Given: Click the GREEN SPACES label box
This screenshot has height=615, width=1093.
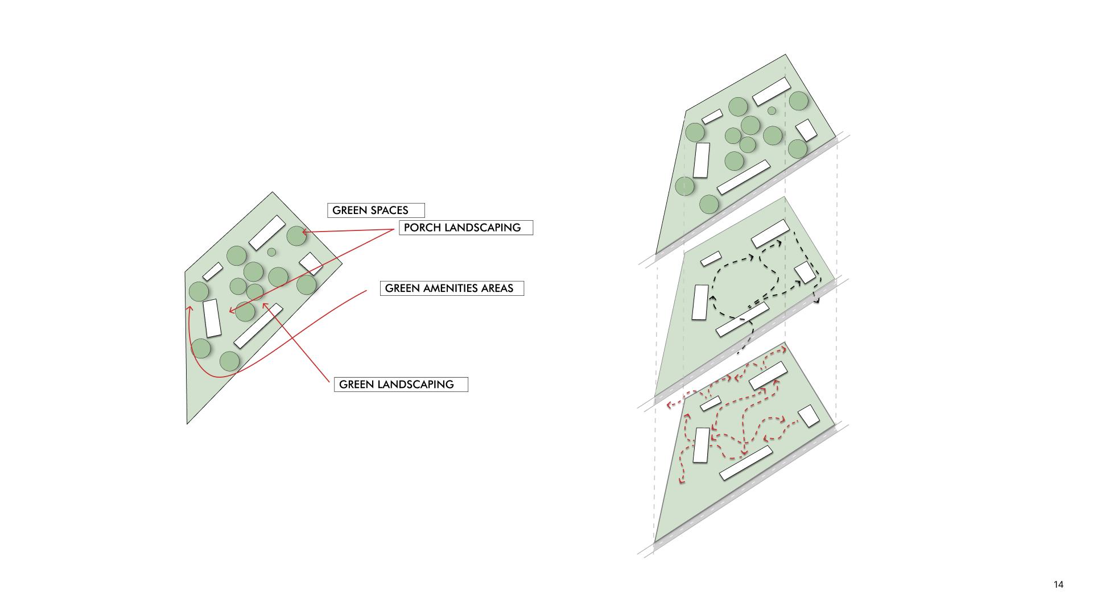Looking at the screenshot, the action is pos(376,210).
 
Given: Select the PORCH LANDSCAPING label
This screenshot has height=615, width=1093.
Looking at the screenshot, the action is pos(465,228).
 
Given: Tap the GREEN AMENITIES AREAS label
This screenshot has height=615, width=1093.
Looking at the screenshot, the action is pos(452,288).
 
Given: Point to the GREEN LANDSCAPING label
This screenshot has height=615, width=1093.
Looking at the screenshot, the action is pos(401,385).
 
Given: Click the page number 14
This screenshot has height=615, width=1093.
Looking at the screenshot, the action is pos(1058,584).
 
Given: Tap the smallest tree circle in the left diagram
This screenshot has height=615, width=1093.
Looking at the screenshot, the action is pos(271,252).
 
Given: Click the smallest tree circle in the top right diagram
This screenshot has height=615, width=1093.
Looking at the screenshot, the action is pos(772,110).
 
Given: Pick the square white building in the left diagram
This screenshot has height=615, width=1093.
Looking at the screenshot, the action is pos(311,263).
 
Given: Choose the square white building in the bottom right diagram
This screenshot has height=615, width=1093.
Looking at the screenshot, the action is pos(809,416).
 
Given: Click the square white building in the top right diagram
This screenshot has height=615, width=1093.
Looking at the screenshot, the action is pos(806,130).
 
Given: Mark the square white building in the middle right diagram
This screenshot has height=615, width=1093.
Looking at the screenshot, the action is pos(805,273).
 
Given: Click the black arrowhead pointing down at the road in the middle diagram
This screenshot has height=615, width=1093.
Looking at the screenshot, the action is pos(817,300).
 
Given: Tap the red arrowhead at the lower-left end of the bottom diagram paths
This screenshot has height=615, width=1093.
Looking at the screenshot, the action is pos(681,482).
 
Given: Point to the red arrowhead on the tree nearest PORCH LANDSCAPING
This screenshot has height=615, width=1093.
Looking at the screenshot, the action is pos(304,232).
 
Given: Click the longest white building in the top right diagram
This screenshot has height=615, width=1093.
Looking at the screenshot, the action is pos(743,177).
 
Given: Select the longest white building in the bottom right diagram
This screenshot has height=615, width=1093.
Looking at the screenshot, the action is pos(746,463).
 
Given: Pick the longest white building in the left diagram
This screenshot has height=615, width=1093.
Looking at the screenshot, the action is pos(258,326).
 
